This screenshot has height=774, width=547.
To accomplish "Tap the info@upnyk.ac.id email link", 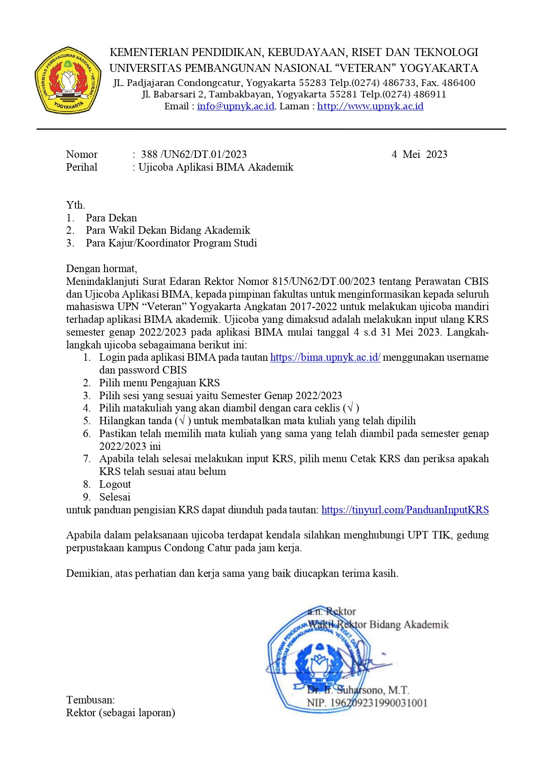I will click(x=236, y=106).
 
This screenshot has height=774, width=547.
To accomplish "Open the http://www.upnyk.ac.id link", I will click(x=370, y=106).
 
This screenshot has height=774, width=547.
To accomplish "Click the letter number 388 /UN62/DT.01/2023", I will click(x=194, y=154).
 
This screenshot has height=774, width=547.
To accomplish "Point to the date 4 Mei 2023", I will click(x=419, y=154).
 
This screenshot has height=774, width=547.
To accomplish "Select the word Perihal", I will click(x=82, y=167).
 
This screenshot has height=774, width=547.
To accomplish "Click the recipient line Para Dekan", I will click(x=111, y=218).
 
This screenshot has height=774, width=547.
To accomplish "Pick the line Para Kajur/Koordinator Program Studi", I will click(x=171, y=243).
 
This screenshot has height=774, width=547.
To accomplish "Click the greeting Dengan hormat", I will click(x=101, y=269).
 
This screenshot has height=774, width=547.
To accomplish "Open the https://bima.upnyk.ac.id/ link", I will click(x=325, y=357).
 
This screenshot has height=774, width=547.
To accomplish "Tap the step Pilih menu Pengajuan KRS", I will click(x=159, y=383).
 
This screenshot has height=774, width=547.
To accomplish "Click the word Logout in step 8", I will click(x=115, y=484).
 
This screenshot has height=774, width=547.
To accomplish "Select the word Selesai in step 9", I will click(x=115, y=497).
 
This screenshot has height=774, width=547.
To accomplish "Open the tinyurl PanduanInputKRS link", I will click(x=405, y=510).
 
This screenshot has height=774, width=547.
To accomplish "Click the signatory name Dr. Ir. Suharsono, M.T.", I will click(x=358, y=690).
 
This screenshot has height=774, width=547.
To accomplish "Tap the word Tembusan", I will click(x=90, y=700).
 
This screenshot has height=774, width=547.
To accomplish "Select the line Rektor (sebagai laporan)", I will click(x=120, y=713).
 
